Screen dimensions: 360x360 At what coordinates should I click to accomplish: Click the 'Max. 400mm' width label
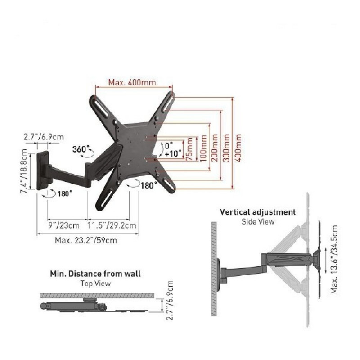[132, 82]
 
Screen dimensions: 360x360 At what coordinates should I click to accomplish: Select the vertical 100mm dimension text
[203, 148]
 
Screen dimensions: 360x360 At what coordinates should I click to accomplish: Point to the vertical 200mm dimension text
[215, 148]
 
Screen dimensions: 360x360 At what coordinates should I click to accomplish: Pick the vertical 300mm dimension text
[227, 148]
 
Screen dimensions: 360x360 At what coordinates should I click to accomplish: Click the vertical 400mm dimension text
[238, 148]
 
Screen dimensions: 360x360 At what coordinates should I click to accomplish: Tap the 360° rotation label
[81, 149]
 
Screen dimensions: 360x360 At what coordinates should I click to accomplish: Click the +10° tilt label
[173, 153]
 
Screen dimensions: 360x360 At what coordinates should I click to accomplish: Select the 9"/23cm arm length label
[64, 225]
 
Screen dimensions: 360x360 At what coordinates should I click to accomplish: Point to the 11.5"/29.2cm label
[112, 225]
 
